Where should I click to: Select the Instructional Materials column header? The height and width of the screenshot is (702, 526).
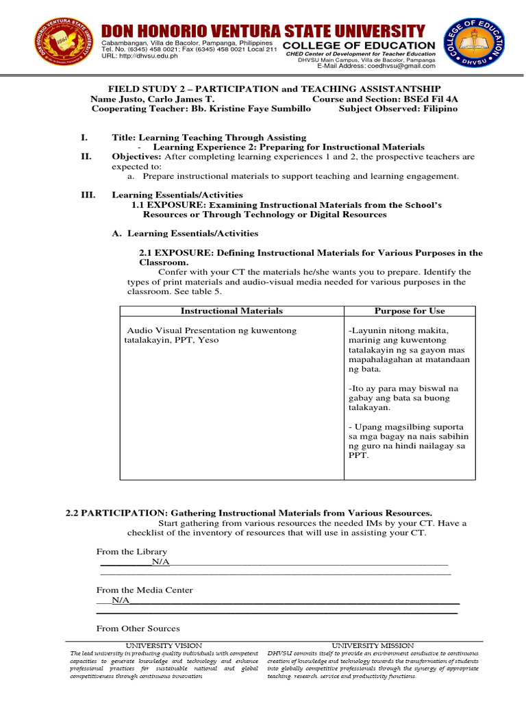point(231,311)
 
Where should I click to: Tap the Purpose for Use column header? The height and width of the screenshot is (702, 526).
point(409,311)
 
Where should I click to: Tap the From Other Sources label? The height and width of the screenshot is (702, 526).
point(138,628)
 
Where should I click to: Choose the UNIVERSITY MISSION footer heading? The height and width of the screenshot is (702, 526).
point(373,646)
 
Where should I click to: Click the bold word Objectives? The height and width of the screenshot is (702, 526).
point(136,156)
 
